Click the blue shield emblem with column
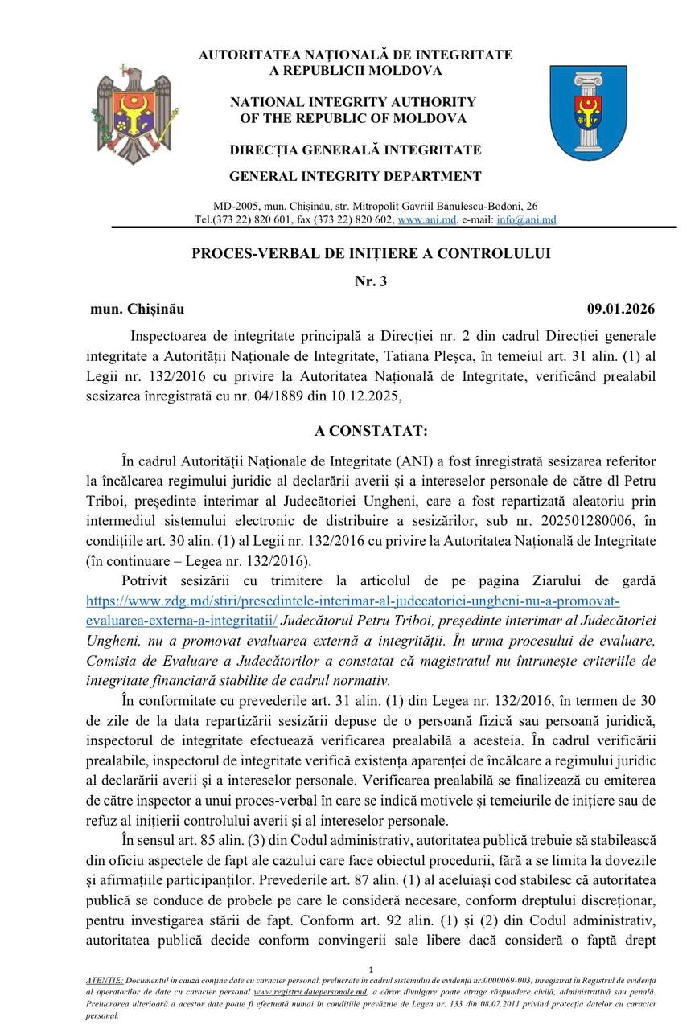point(588,113)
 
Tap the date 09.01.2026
point(621,309)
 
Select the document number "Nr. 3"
point(371,281)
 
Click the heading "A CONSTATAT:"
point(371,431)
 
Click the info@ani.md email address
point(526,219)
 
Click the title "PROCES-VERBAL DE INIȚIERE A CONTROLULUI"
point(371,253)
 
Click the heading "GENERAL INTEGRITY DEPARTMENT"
point(356,176)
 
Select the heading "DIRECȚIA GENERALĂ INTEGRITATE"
point(356,150)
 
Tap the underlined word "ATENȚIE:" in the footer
point(105,981)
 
